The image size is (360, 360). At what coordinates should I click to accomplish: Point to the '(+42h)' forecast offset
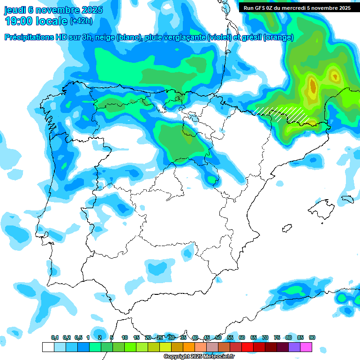point(81,21)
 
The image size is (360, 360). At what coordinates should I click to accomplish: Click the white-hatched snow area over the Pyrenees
point(281,113)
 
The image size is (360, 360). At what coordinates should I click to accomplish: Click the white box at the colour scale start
point(48,347)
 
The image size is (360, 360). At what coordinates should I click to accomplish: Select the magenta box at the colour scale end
point(306,347)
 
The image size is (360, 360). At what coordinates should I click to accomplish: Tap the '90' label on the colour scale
point(312,338)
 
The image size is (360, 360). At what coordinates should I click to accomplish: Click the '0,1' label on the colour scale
point(55,338)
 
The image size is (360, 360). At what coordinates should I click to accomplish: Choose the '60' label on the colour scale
point(242,338)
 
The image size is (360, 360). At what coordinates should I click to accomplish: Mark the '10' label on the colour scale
point(125,338)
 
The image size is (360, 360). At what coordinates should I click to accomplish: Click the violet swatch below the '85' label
point(294,347)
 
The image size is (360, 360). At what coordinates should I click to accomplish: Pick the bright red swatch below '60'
point(247,347)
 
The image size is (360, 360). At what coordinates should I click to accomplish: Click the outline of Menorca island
point(347,199)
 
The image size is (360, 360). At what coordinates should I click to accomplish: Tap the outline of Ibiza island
point(286,228)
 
